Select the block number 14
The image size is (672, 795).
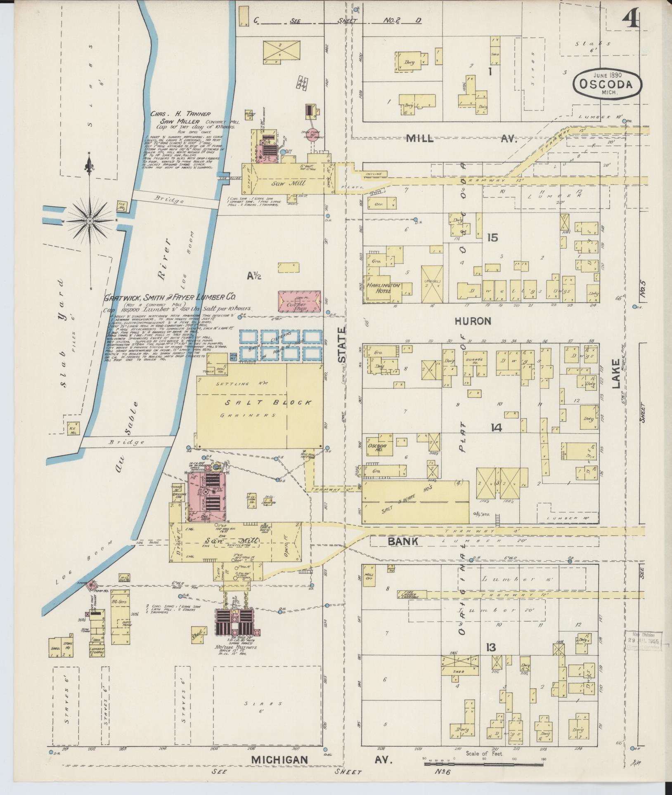(x=496, y=428)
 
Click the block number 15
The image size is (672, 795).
(x=492, y=238)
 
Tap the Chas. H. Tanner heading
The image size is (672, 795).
(x=181, y=114)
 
